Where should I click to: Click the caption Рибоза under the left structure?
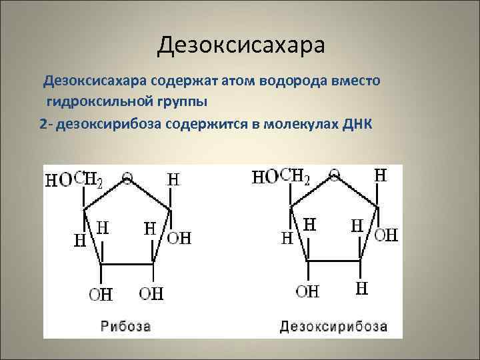tap(126, 327)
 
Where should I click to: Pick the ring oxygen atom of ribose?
tap(127, 178)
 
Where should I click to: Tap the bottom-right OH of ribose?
tap(151, 293)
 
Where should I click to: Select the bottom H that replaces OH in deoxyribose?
tap(361, 289)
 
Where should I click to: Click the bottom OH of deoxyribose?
tap(308, 291)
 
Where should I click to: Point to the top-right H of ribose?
tap(173, 179)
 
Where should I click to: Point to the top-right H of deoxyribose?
tap(380, 175)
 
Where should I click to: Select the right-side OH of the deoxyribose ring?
tap(387, 235)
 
